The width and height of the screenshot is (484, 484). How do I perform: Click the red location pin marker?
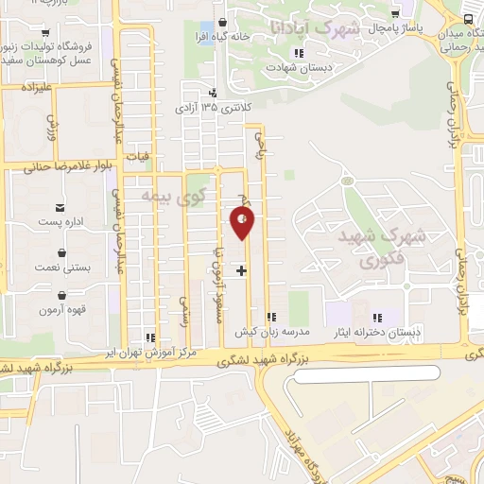coord(243,221)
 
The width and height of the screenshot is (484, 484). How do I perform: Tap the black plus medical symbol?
coord(241,270)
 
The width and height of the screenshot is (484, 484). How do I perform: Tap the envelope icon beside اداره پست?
coord(61,207)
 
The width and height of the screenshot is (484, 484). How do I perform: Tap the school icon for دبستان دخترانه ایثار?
coord(377,318)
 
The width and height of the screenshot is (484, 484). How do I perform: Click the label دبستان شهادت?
coord(288,68)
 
